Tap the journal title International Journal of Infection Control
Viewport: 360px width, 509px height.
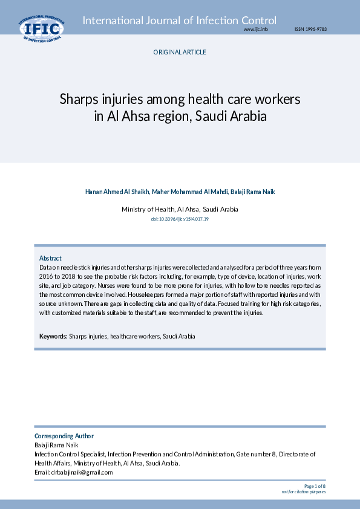[x=180, y=21]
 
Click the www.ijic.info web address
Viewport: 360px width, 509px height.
[x=256, y=29]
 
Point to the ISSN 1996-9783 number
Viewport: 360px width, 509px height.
[x=310, y=29]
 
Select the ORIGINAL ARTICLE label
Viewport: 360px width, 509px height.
[x=180, y=52]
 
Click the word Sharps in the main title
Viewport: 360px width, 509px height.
[x=77, y=99]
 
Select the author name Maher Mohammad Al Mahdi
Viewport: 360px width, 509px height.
[x=189, y=192]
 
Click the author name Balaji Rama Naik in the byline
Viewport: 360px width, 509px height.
[x=252, y=192]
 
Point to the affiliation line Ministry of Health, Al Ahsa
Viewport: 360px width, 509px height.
[x=180, y=209]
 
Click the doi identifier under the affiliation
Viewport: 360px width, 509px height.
[x=180, y=218]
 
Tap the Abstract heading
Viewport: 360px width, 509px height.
[x=50, y=258]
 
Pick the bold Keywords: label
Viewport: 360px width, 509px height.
[x=53, y=336]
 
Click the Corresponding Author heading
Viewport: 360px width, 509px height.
[x=64, y=436]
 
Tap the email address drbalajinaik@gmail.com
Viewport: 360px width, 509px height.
[x=82, y=472]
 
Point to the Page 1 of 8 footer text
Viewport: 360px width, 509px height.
[x=315, y=486]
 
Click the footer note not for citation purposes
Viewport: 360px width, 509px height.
[x=304, y=491]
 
